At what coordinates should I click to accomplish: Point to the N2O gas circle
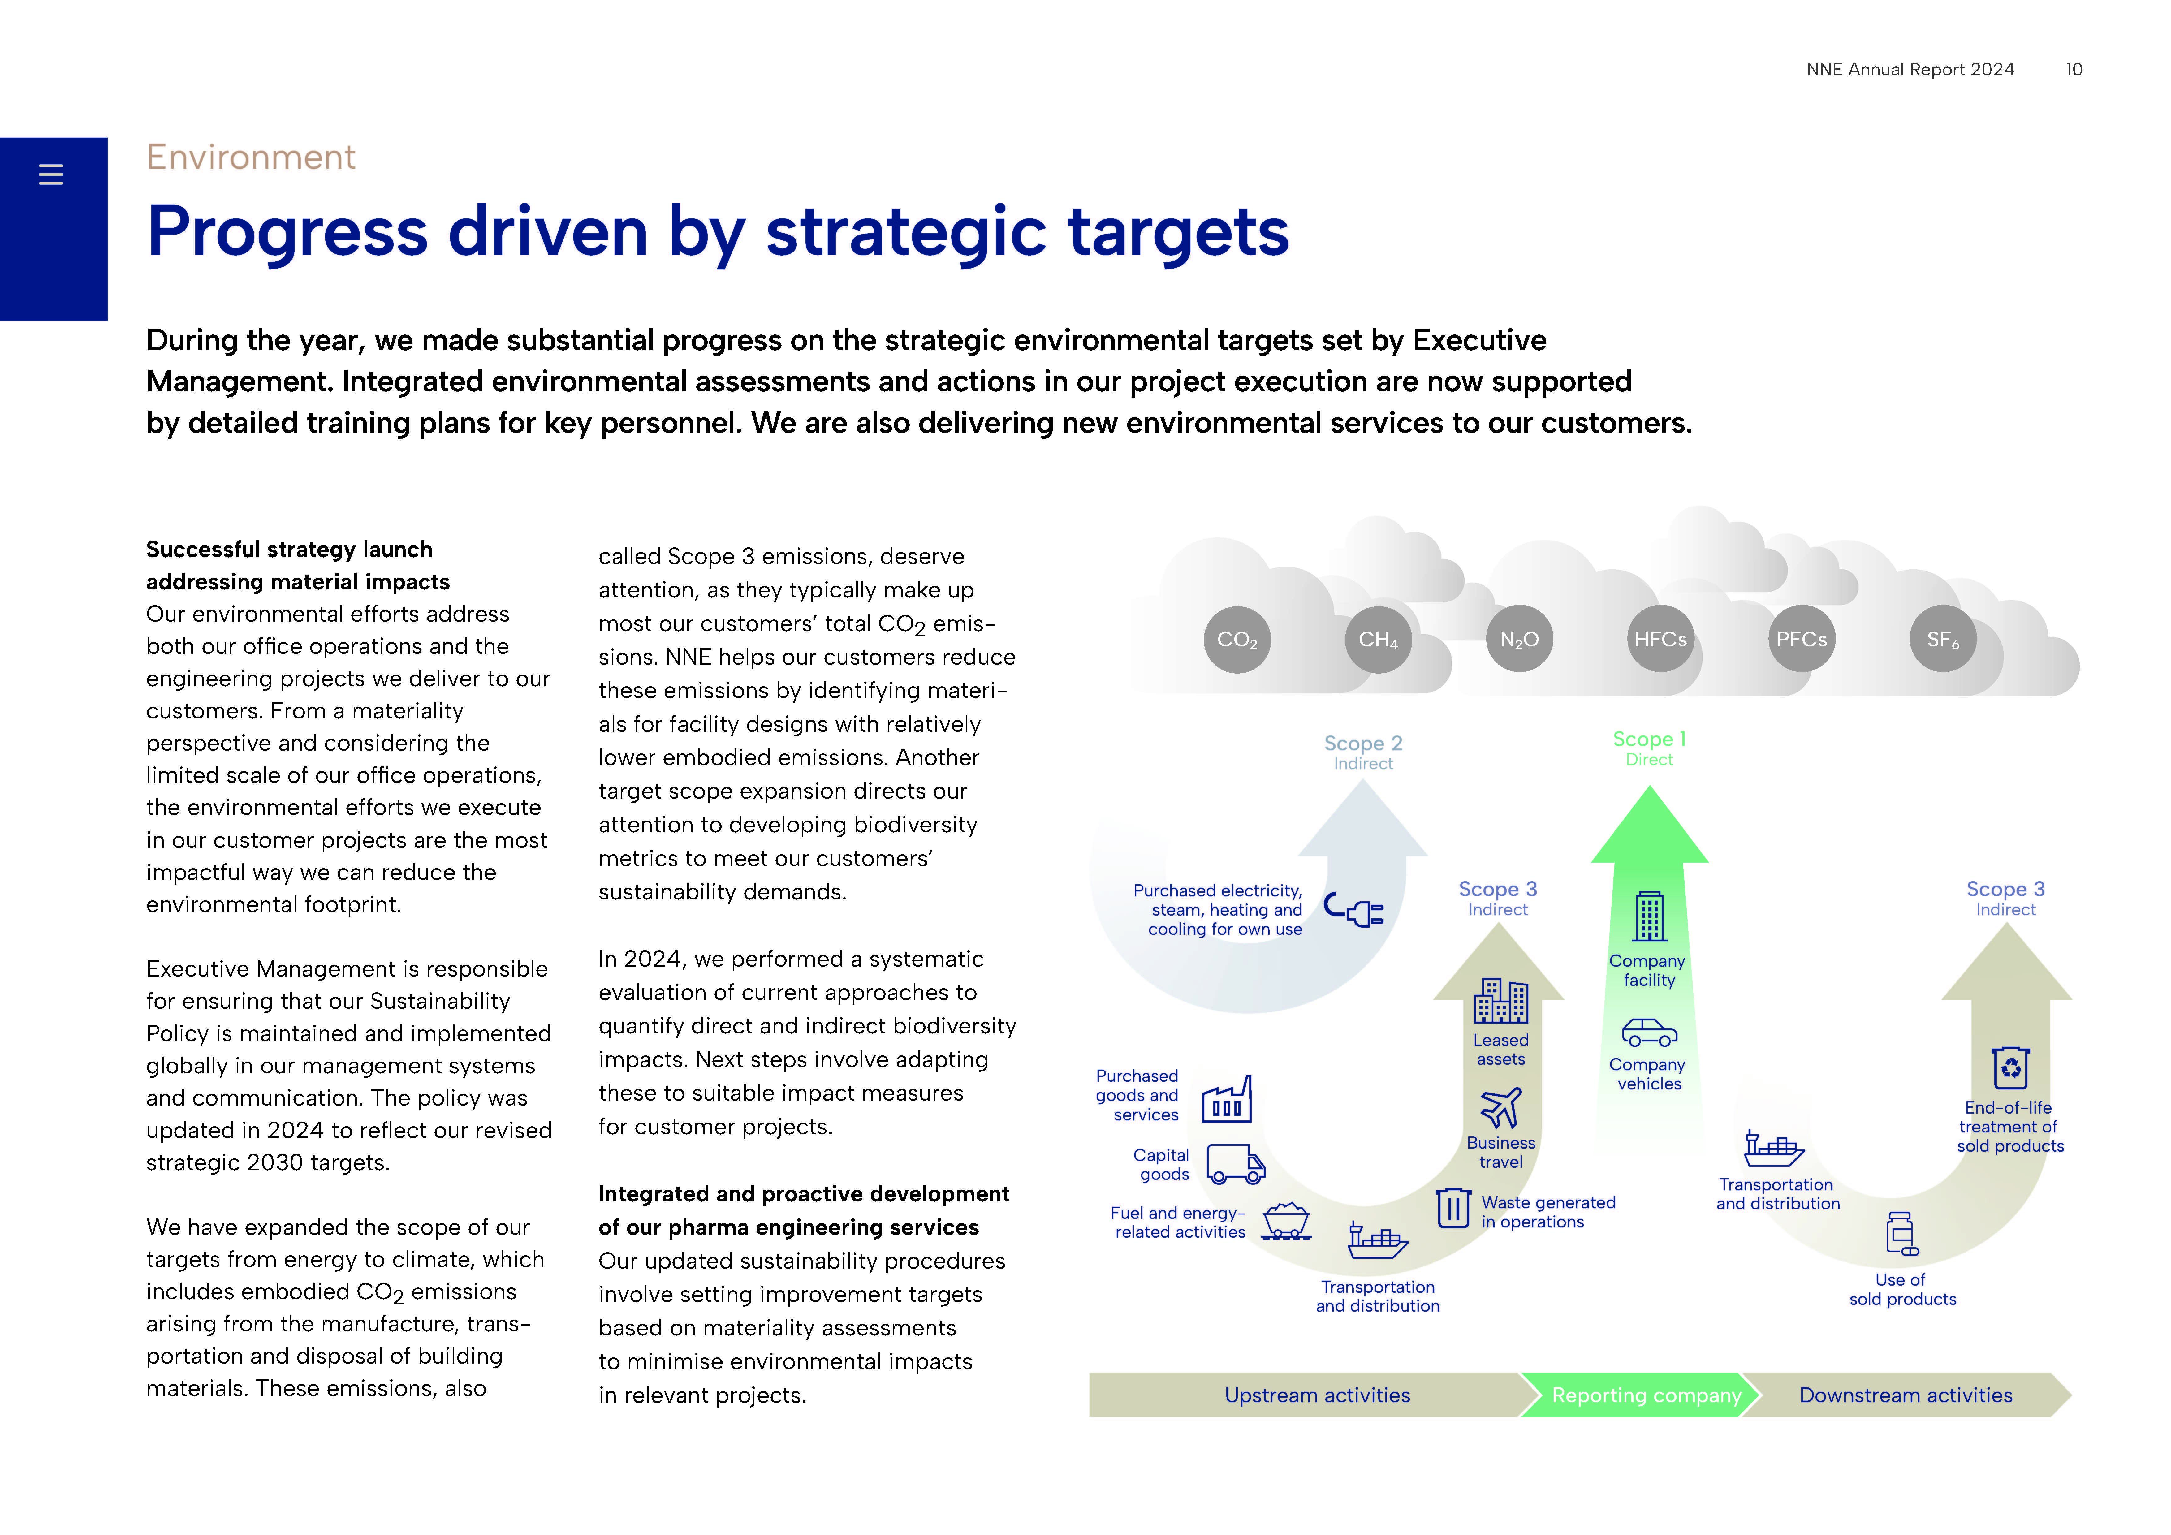1520,639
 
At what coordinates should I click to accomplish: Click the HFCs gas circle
1660,639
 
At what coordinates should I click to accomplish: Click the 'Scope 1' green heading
1649,739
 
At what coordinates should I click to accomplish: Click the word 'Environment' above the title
251,157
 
